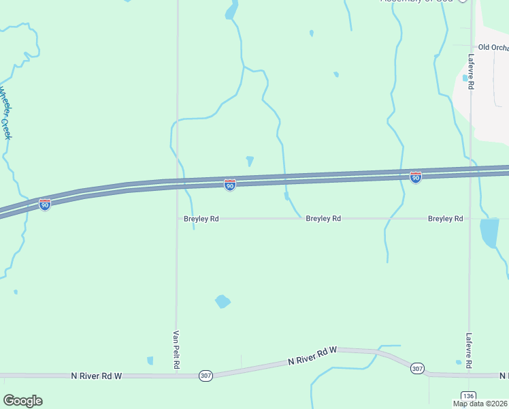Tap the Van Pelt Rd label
176,350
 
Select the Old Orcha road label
493,47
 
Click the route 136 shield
467,396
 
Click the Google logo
22,401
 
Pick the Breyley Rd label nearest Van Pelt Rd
201,219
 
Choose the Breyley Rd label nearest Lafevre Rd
445,219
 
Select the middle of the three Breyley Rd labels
323,219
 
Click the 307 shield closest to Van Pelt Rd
206,376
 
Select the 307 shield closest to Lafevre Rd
417,368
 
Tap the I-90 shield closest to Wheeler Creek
44,204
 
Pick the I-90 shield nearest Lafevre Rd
415,177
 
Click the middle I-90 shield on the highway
230,185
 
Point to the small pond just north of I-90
250,161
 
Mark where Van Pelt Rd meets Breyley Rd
177,219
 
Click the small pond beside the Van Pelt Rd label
150,360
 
